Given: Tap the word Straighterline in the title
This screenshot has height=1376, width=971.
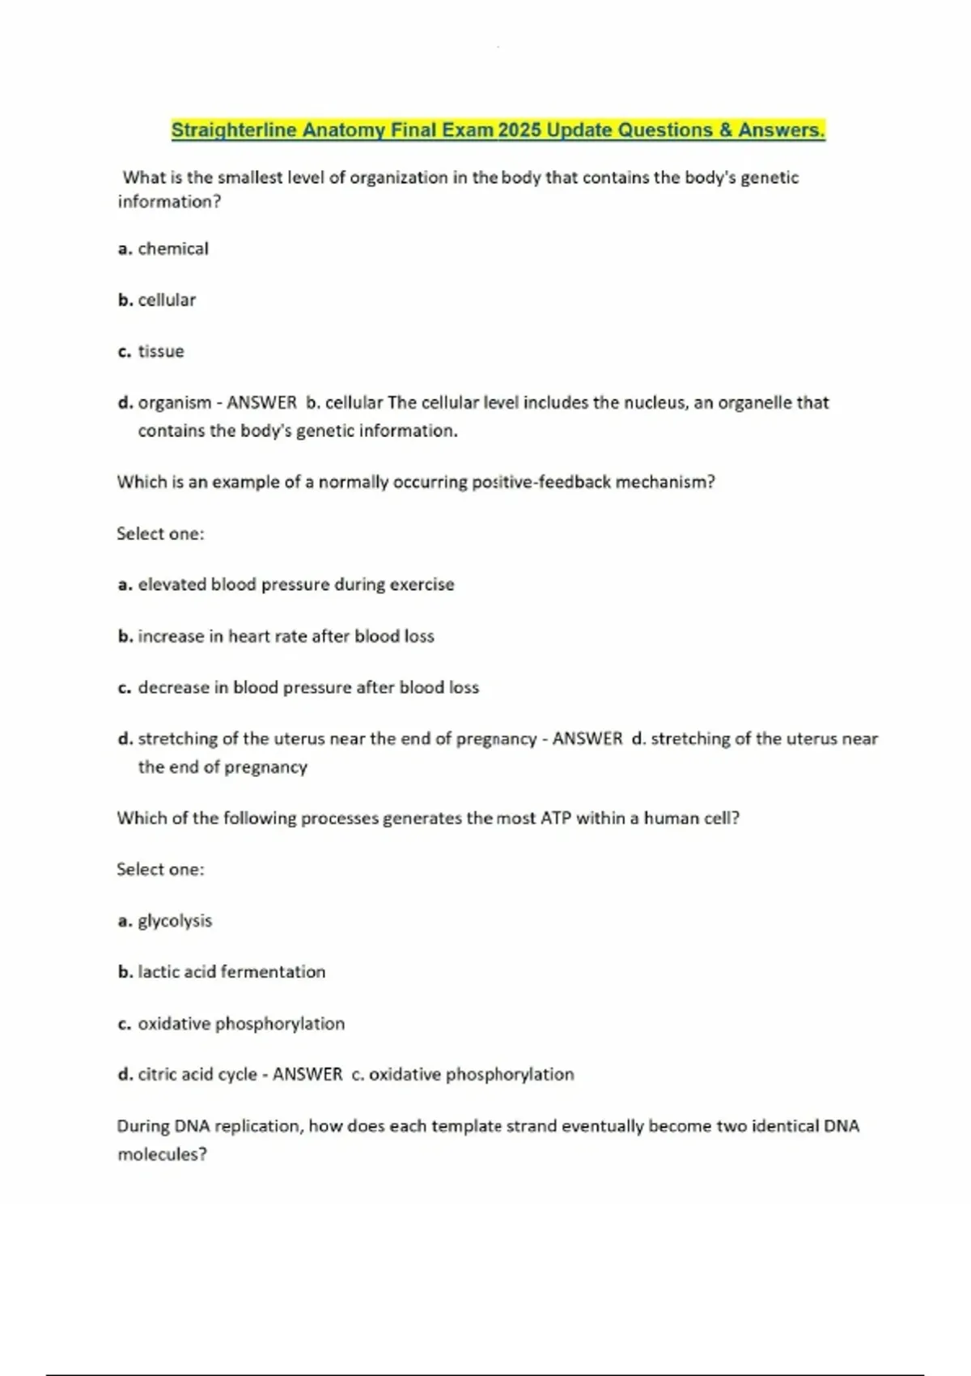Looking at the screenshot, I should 234,130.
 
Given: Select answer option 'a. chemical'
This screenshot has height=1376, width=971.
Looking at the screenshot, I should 163,249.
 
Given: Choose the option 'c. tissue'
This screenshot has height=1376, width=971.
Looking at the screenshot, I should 151,352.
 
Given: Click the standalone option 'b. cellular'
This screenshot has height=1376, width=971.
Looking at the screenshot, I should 157,300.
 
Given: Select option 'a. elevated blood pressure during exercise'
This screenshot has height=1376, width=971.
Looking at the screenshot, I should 286,585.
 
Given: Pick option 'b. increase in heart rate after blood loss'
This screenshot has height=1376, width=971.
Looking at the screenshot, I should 276,637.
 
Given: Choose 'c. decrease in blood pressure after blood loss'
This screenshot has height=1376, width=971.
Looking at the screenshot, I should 298,688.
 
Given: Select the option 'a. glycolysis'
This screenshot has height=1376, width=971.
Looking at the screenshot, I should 165,921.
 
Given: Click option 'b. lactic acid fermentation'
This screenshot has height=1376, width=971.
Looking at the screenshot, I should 222,972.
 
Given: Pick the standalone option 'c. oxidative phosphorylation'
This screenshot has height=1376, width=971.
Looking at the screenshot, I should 231,1024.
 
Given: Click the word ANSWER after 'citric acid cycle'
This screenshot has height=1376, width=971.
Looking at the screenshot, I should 307,1075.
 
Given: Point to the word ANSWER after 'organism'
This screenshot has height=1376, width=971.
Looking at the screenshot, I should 261,403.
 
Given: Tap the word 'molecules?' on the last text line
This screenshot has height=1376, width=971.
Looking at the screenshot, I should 162,1155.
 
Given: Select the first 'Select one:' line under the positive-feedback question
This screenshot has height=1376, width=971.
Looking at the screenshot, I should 160,534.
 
